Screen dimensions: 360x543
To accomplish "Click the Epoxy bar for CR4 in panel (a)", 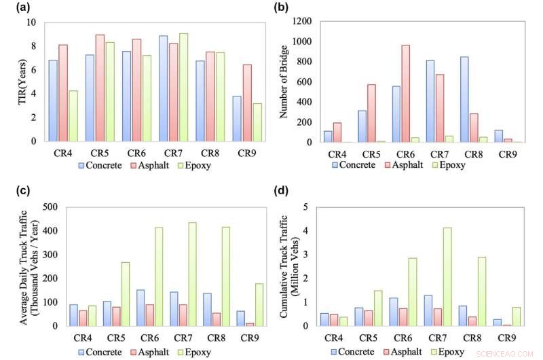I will [x=73, y=116].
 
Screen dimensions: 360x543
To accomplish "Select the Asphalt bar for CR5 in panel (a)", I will [x=100, y=88].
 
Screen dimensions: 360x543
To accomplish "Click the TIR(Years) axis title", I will [x=12, y=82].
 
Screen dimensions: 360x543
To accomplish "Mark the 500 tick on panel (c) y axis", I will [x=50, y=207].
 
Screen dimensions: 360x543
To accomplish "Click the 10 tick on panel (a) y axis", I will [x=31, y=22].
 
